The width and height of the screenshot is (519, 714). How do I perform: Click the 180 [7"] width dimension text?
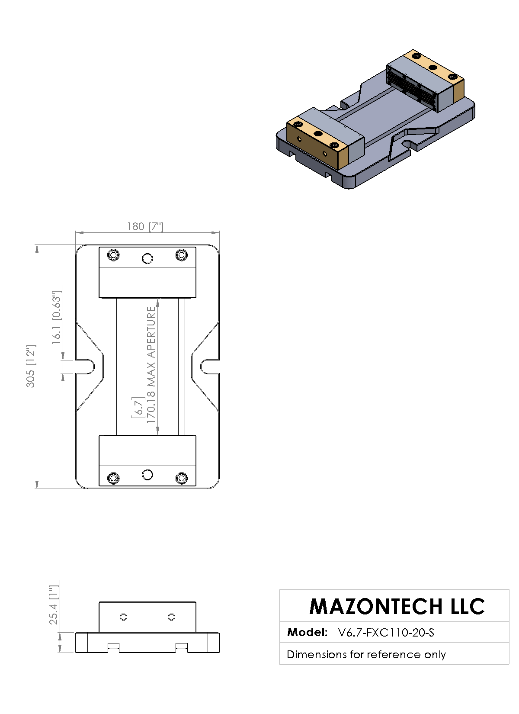(145, 227)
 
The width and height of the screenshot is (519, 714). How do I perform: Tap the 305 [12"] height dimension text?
(31, 366)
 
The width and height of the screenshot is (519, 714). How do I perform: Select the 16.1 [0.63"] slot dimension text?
(57, 318)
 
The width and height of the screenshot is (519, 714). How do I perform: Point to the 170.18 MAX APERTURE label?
(151, 365)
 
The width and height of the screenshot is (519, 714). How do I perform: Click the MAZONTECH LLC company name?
(397, 606)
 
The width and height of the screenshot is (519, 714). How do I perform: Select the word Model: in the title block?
(307, 632)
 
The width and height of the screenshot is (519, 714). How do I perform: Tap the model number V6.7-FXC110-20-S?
(386, 632)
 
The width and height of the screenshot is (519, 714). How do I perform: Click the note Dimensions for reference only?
(366, 654)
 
